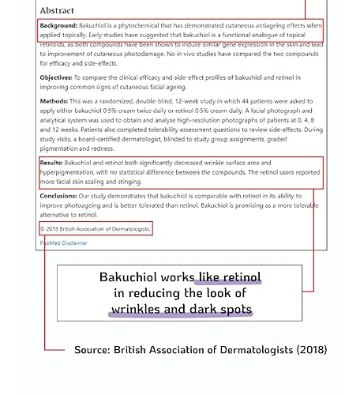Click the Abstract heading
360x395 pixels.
point(58,10)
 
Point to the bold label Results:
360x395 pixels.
point(52,161)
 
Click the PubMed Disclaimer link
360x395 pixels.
point(64,243)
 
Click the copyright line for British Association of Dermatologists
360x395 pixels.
point(96,228)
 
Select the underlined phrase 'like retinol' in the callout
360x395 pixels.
point(230,278)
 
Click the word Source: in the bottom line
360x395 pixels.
point(92,349)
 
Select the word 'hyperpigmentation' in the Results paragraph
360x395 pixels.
point(72,171)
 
